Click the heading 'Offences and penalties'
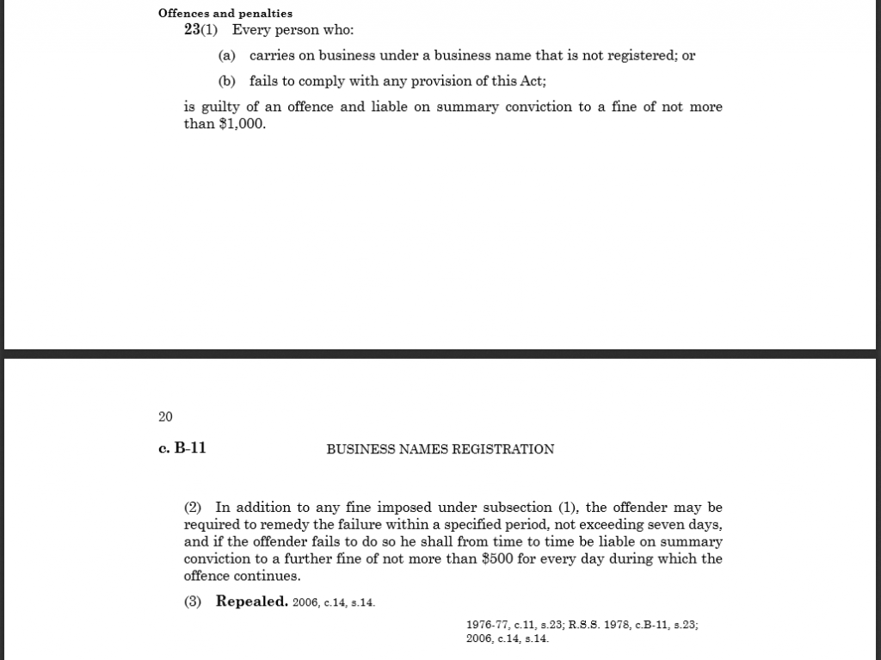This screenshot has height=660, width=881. pos(225,14)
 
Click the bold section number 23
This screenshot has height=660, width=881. pos(192,30)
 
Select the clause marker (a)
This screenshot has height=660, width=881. pos(226,56)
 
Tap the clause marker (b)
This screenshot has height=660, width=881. pos(226,82)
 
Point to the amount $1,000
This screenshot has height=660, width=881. pos(243,124)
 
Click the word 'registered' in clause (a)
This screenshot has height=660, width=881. pos(643,56)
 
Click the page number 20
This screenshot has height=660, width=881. pos(165,417)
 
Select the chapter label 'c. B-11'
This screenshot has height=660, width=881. pos(182,448)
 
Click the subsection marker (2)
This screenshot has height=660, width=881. pos(193,508)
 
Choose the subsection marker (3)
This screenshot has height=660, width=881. pos(193,601)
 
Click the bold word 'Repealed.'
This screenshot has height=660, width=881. pos(251,601)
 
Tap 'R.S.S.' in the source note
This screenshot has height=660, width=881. pos(586,625)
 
